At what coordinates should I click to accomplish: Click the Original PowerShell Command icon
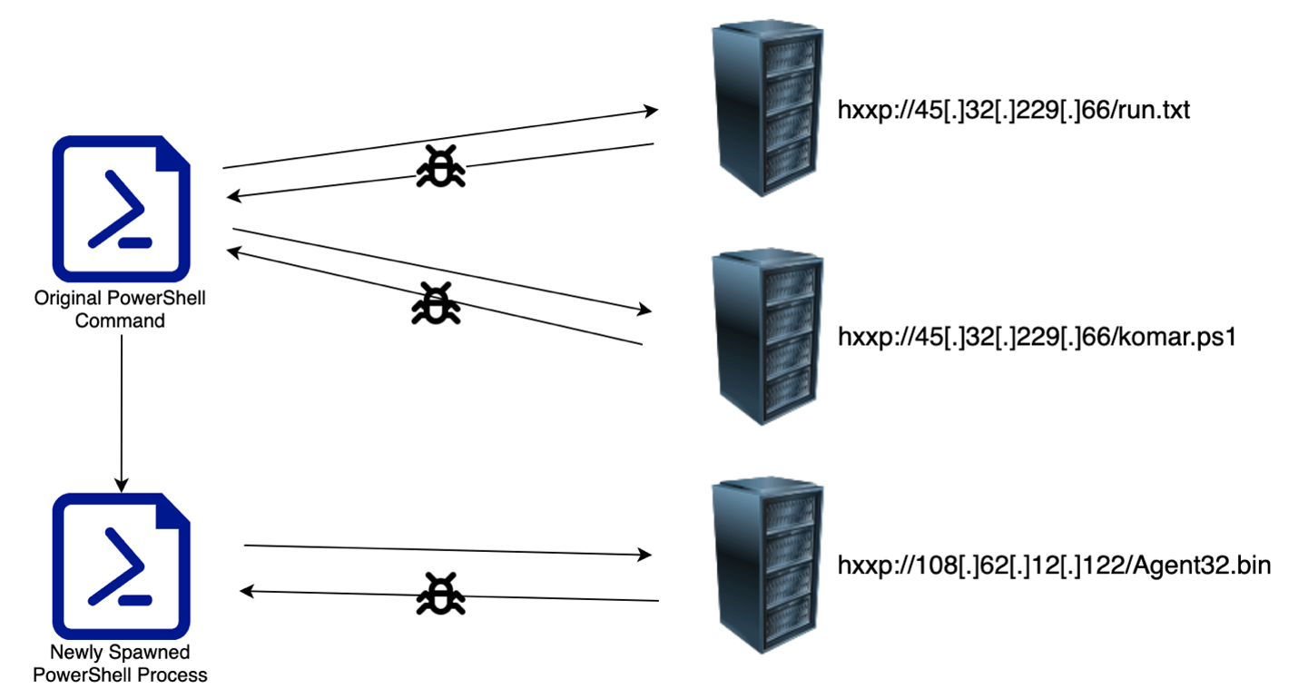click(x=122, y=207)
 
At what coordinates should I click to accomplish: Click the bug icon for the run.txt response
click(x=441, y=167)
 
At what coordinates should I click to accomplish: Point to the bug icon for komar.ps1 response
click(x=436, y=302)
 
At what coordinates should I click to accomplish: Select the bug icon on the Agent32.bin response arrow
click(x=440, y=595)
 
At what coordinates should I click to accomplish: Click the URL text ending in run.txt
click(x=1012, y=112)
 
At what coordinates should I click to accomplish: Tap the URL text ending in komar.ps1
click(x=1037, y=338)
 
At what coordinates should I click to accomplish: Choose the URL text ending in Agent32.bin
click(x=1053, y=566)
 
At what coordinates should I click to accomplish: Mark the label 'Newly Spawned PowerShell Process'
click(x=128, y=663)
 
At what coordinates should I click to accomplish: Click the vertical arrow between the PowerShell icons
click(x=121, y=409)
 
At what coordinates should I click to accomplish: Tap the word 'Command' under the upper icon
click(x=120, y=320)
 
